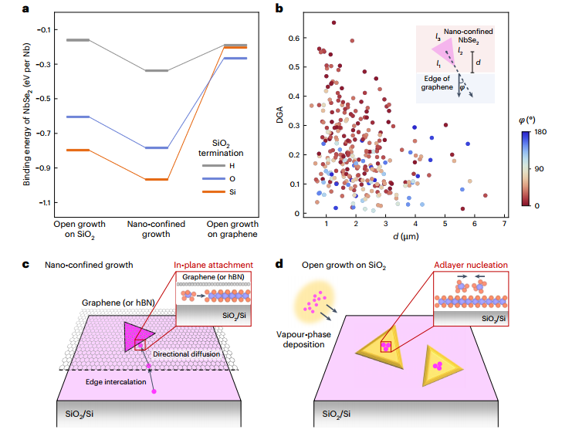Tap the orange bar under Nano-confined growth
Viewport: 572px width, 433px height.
[156, 180]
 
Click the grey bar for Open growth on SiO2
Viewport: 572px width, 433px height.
[79, 39]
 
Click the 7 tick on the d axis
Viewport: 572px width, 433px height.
[503, 224]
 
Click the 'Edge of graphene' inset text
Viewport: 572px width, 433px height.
[436, 83]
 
